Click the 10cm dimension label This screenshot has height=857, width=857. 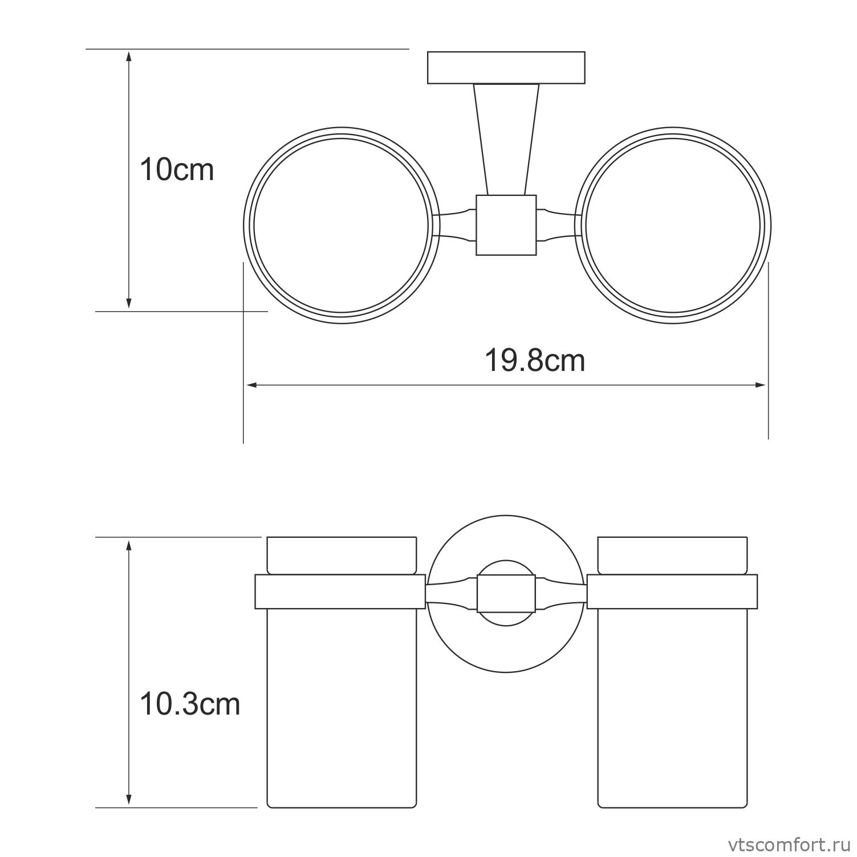(177, 169)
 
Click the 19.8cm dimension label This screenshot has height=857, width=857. (535, 360)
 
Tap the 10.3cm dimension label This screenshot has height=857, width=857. (190, 704)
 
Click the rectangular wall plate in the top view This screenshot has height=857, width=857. (506, 68)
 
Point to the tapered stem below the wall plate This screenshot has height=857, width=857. (506, 137)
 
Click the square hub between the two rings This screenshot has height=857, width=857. (506, 225)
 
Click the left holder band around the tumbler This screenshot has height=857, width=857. (340, 591)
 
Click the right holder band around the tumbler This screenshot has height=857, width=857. (672, 591)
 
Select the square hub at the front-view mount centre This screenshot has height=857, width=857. (506, 594)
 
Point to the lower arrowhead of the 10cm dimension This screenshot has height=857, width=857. (129, 304)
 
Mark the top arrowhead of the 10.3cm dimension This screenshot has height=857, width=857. (129, 544)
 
